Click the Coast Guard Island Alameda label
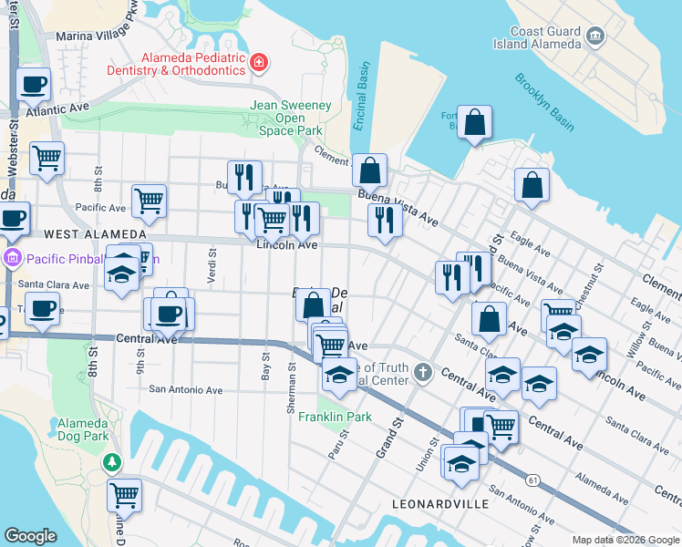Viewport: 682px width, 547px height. point(545,37)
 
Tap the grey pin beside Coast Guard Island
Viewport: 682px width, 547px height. point(596,36)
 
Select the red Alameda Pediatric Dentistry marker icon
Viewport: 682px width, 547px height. point(260,62)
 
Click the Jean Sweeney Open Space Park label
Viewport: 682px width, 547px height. point(291,118)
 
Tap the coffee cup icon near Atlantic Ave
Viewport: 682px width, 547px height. point(35,85)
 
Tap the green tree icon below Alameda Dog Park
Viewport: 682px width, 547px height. point(112,463)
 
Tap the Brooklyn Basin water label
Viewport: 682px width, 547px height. point(543,89)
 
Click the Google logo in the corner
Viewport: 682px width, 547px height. point(30,536)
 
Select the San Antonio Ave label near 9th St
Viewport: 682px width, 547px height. point(186,389)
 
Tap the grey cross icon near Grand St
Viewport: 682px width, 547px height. point(421,372)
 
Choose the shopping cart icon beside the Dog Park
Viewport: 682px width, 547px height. point(124,495)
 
